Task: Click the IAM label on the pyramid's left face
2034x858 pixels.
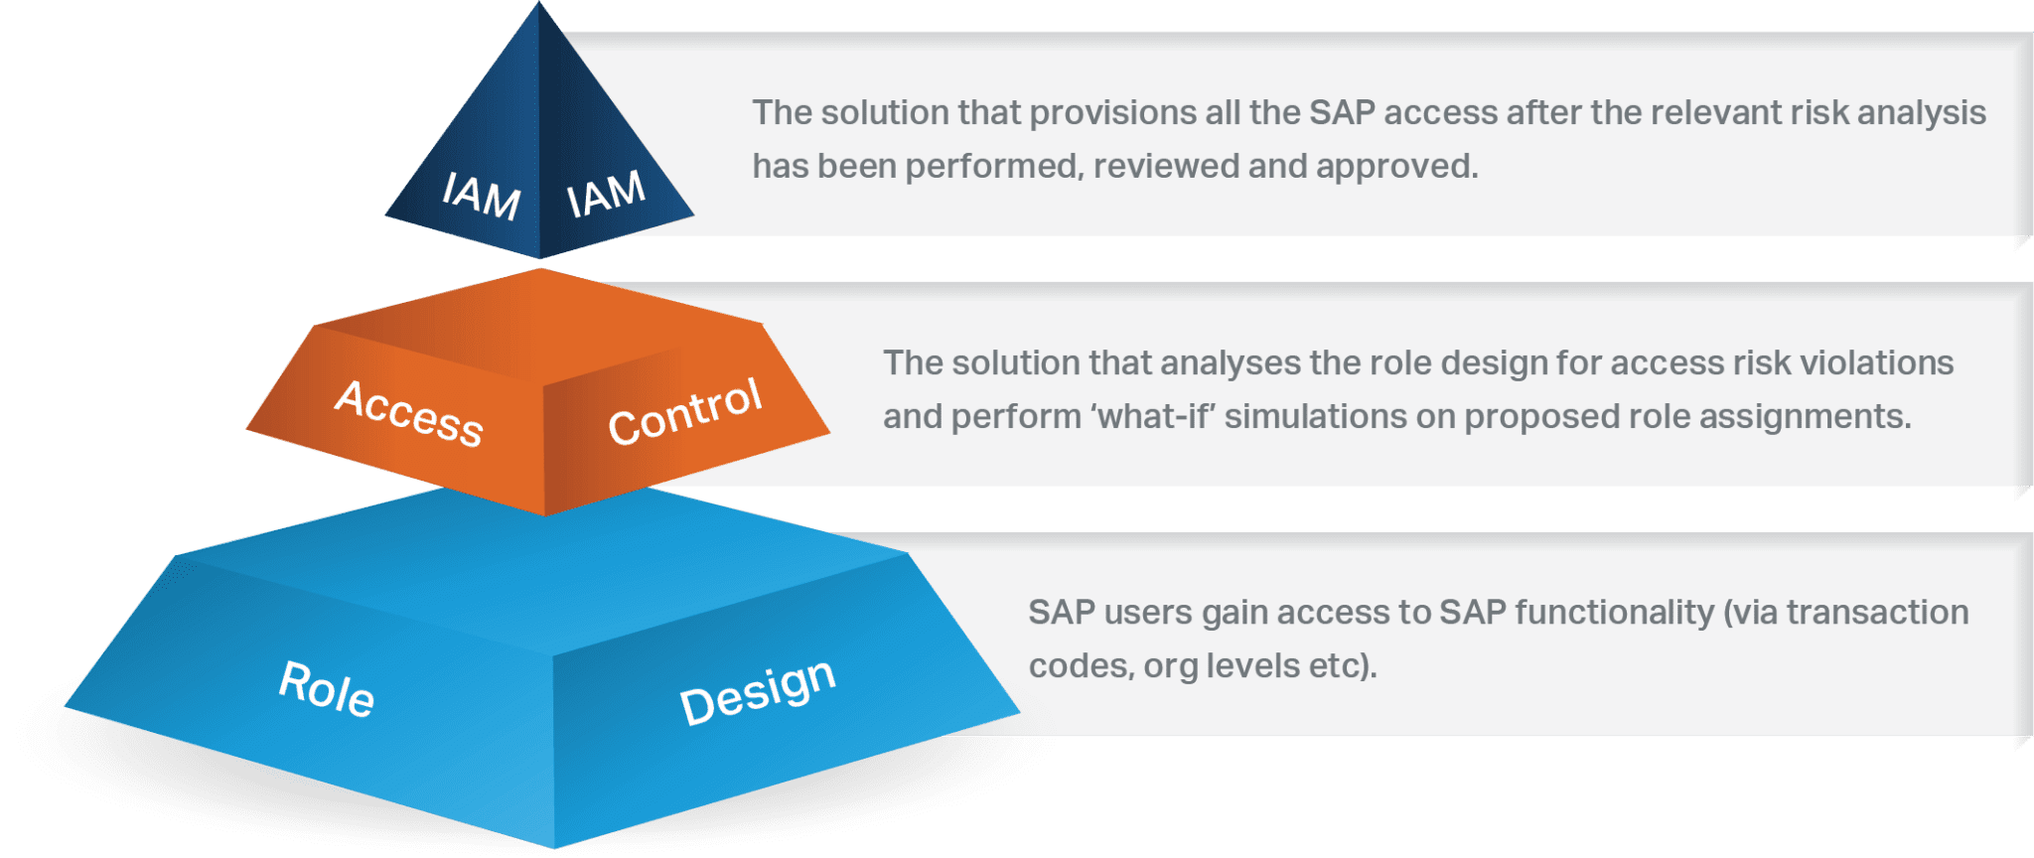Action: click(x=482, y=195)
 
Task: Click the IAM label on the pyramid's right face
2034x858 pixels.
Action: click(x=606, y=193)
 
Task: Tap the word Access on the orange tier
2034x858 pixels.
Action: click(x=409, y=413)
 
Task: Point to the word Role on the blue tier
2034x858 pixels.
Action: click(x=327, y=688)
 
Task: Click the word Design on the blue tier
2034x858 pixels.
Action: click(x=758, y=691)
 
